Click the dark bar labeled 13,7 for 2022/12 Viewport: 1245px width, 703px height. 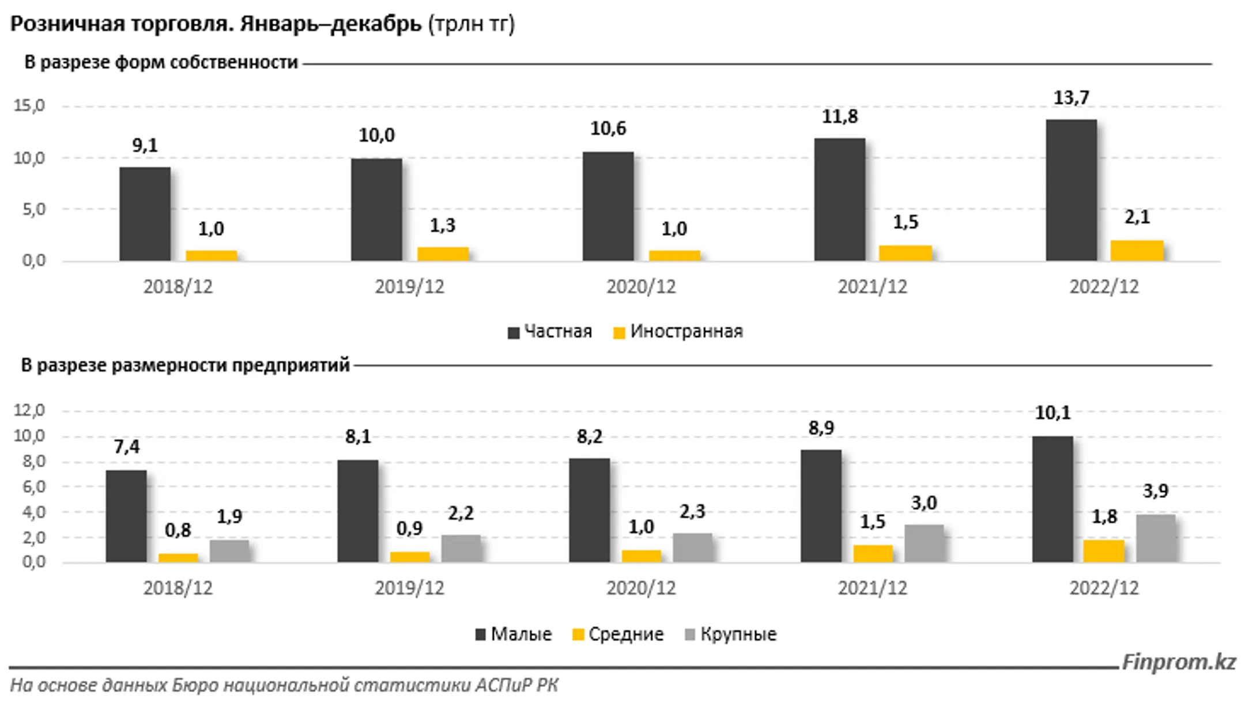click(x=1071, y=190)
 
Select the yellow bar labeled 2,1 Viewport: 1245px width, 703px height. click(x=1137, y=251)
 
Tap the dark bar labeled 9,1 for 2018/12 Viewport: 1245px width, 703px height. click(x=145, y=214)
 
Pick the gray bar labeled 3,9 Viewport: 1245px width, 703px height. click(x=1156, y=538)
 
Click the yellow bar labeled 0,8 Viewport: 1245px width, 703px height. click(x=178, y=557)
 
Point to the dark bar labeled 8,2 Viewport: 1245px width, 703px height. click(x=589, y=510)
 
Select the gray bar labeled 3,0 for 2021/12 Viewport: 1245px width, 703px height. click(x=924, y=543)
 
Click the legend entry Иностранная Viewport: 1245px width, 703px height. click(x=678, y=332)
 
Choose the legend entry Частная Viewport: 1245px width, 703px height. click(x=550, y=332)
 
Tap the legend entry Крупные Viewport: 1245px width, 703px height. click(x=730, y=634)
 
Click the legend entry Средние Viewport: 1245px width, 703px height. click(x=618, y=634)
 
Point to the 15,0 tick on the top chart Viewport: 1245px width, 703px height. click(x=29, y=106)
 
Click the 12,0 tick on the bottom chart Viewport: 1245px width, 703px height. click(x=29, y=410)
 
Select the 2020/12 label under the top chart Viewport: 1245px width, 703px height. click(x=640, y=287)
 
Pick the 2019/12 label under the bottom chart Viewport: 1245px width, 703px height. click(x=409, y=588)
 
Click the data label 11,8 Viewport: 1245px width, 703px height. click(x=839, y=117)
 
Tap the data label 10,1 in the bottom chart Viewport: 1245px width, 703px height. click(x=1052, y=413)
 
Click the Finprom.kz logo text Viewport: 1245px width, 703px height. click(x=1178, y=662)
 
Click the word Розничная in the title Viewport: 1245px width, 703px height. click(x=67, y=24)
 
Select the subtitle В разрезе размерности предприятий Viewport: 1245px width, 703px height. click(x=185, y=365)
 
